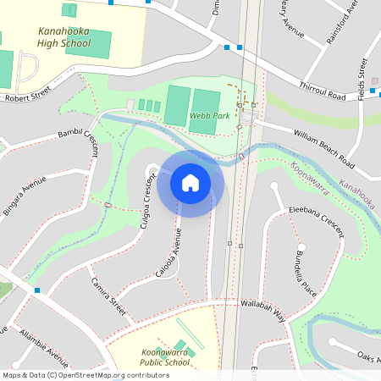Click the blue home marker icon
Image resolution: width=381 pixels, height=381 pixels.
coord(190,183)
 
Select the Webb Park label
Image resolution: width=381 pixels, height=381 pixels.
coord(206,115)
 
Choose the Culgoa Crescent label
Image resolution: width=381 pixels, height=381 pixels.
coord(149,201)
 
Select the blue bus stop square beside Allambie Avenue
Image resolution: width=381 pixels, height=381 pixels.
coord(37,291)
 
